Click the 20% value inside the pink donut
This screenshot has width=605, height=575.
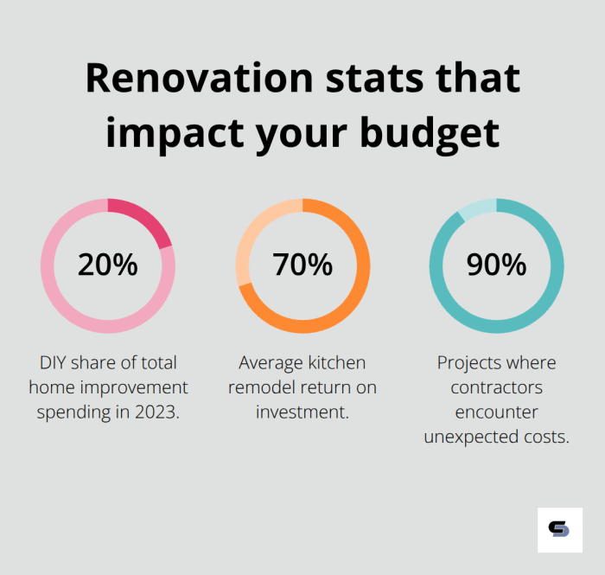(x=107, y=265)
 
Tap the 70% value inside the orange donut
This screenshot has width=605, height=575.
(x=302, y=265)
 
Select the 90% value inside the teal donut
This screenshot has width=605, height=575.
(x=496, y=265)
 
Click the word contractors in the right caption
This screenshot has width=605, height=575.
(x=496, y=387)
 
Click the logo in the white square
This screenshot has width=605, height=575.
(x=559, y=529)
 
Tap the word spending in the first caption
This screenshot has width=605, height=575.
(x=71, y=412)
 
